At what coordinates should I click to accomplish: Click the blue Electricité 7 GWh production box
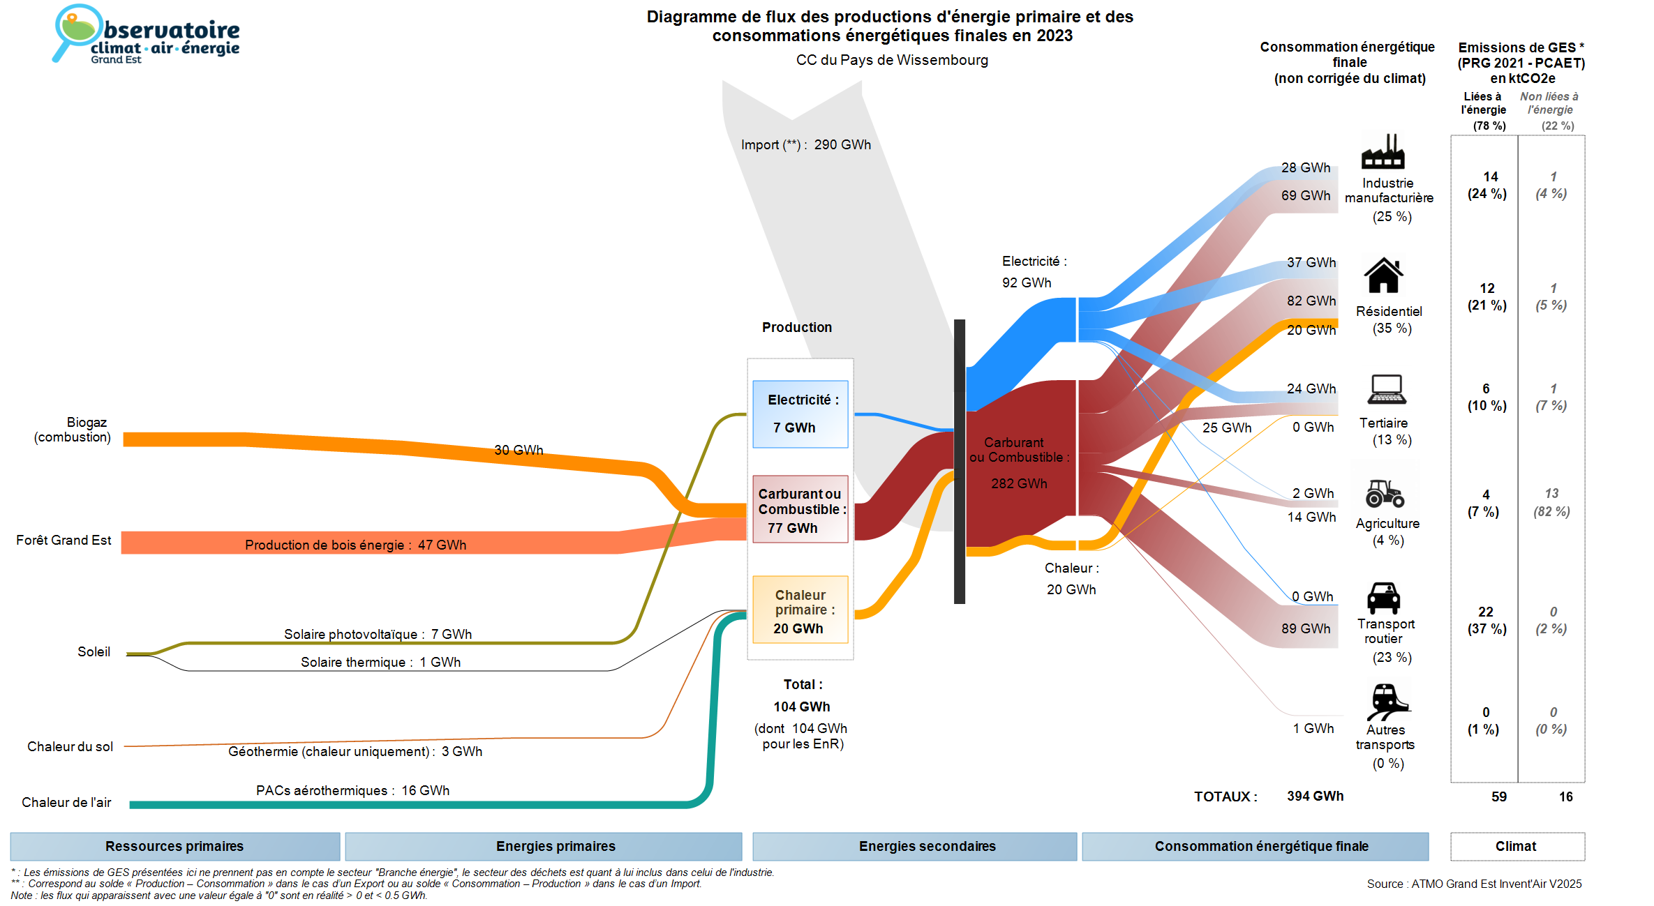[x=800, y=414]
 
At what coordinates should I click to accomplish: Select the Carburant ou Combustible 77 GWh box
[x=800, y=510]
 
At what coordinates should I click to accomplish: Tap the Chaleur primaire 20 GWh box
[x=800, y=610]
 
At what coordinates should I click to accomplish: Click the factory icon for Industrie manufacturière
[x=1383, y=151]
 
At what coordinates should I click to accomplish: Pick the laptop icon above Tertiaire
[x=1387, y=390]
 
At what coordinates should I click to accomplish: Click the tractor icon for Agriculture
[x=1385, y=493]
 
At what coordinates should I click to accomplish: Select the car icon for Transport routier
[x=1383, y=598]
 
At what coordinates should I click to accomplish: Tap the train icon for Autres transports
[x=1387, y=702]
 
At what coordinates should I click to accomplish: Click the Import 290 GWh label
[x=806, y=145]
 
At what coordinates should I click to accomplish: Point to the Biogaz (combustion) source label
[x=73, y=430]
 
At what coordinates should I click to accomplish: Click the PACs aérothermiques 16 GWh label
[x=352, y=790]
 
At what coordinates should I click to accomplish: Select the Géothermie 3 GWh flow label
[x=355, y=751]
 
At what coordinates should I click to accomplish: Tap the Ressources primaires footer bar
[x=174, y=846]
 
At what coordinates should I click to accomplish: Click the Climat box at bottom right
[x=1517, y=846]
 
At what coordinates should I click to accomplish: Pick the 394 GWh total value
[x=1315, y=796]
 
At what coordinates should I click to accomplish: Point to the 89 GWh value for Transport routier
[x=1305, y=628]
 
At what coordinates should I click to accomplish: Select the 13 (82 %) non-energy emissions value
[x=1551, y=502]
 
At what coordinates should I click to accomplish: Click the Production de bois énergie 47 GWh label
[x=355, y=545]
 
